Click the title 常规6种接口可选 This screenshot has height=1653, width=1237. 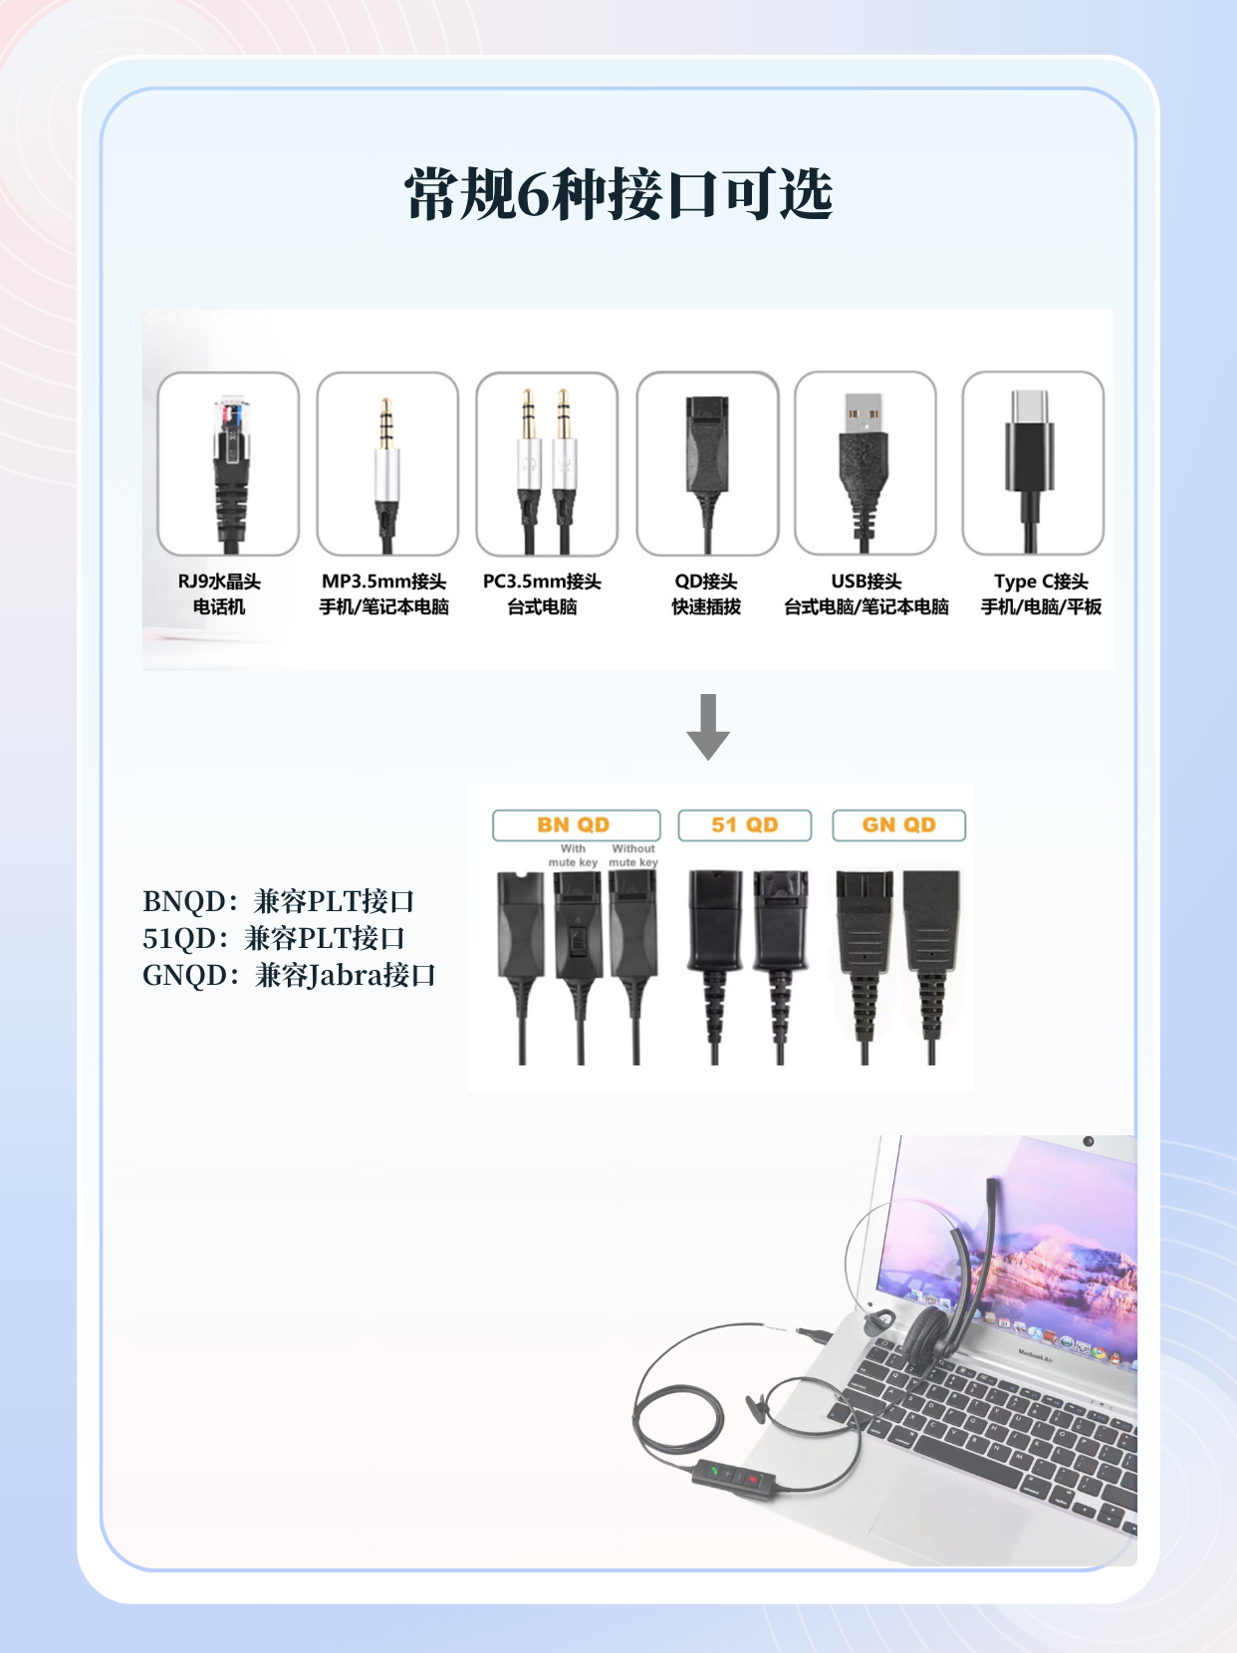[x=618, y=194]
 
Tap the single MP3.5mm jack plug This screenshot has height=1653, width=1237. [x=387, y=474]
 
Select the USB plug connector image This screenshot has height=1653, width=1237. [x=865, y=472]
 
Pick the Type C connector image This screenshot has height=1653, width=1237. [x=1029, y=471]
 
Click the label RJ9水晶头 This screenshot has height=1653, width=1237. [x=219, y=582]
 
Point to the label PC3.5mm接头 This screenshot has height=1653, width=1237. [x=542, y=582]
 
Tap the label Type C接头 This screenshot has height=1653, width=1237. [x=1041, y=582]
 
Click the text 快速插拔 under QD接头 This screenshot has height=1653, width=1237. [x=706, y=607]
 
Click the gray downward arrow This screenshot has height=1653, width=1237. [x=708, y=726]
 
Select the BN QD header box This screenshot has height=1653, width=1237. [x=576, y=825]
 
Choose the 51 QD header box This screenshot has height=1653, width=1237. [x=745, y=825]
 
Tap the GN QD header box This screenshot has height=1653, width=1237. [x=899, y=825]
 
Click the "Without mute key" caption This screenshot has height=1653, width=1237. [x=633, y=855]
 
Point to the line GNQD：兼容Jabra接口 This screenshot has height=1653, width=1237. [x=289, y=975]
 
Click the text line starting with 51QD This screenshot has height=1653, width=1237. [x=273, y=938]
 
